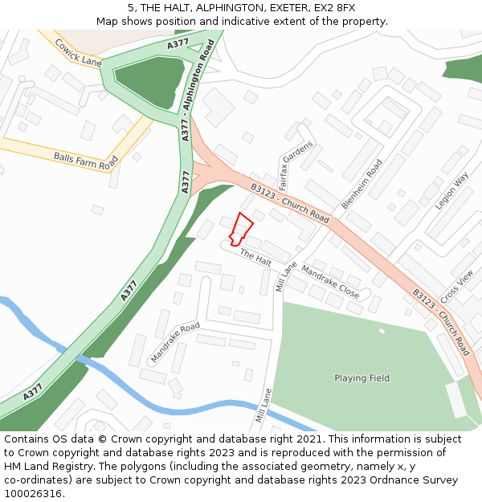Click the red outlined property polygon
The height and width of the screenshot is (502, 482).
[x=240, y=228]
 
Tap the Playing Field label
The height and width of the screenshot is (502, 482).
[x=361, y=378]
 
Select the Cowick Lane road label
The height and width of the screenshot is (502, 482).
[x=78, y=51]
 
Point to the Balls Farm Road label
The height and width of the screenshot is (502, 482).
[x=86, y=157]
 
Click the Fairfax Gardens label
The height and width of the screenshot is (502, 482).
[x=295, y=165]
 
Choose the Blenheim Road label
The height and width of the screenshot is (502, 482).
[x=362, y=184]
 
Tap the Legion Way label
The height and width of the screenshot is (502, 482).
[x=451, y=192]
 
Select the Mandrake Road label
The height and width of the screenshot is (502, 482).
[x=174, y=341]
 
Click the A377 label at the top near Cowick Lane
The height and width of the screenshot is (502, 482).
[x=178, y=44]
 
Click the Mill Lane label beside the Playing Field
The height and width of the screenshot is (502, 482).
[x=263, y=406]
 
